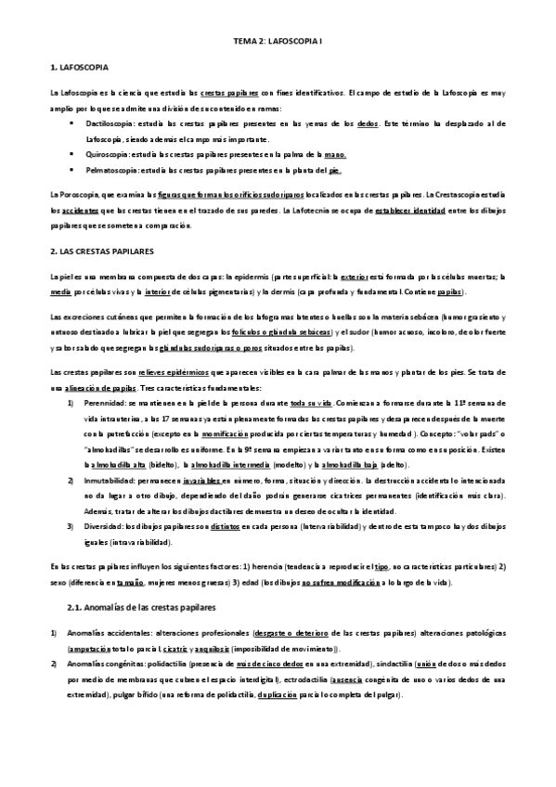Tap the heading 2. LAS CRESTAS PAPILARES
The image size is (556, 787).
coord(103,252)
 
